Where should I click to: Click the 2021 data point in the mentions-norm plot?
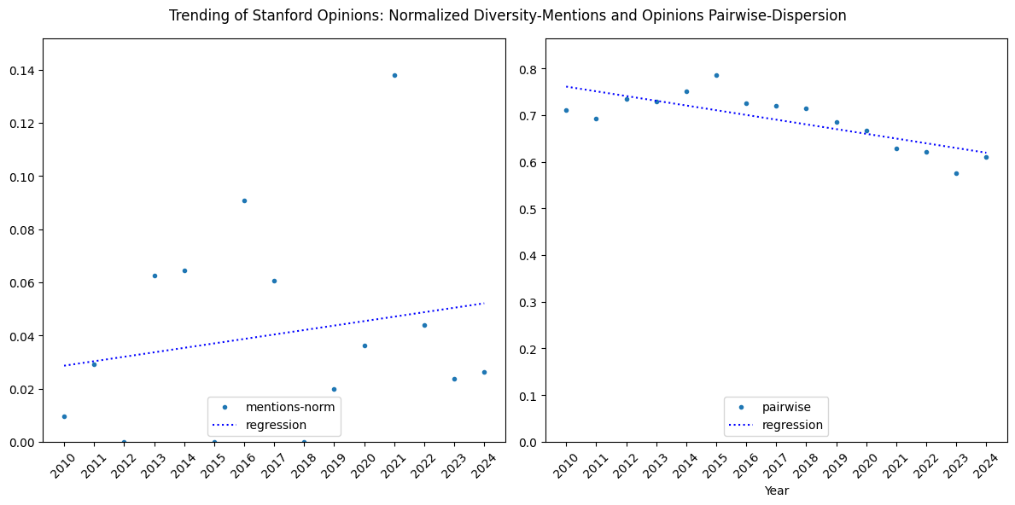click(394, 75)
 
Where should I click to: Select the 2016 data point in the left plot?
click(244, 200)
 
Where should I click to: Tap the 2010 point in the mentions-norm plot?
click(64, 416)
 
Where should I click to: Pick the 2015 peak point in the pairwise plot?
click(716, 75)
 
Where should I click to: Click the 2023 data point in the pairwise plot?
click(956, 173)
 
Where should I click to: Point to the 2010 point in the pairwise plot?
click(566, 110)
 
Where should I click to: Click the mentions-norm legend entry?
click(289, 406)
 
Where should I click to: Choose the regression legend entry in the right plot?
click(791, 425)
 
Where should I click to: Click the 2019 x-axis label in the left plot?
click(332, 463)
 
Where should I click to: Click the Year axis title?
click(776, 490)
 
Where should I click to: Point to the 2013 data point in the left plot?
click(155, 276)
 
